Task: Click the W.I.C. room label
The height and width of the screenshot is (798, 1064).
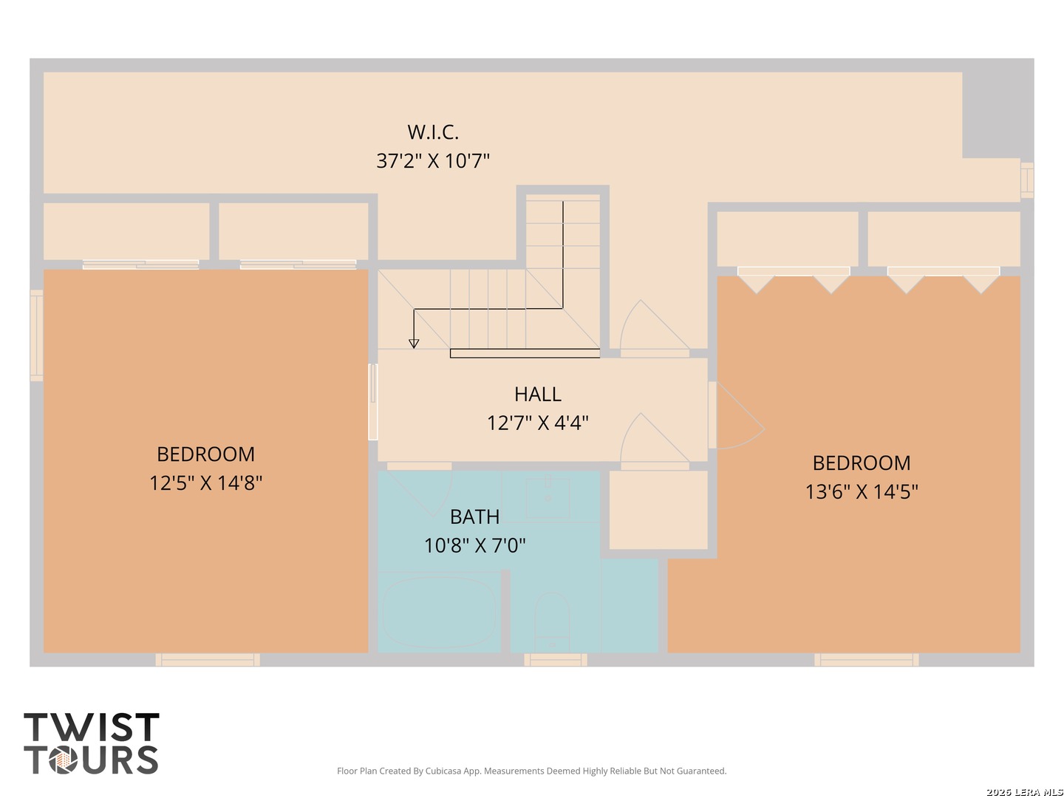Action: (x=433, y=132)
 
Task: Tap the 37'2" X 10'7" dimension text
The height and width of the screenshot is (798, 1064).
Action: (x=433, y=161)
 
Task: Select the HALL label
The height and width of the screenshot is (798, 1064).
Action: (x=538, y=395)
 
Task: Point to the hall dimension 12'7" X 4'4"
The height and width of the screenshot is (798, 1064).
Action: (x=538, y=423)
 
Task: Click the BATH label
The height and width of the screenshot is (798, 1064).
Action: (x=474, y=517)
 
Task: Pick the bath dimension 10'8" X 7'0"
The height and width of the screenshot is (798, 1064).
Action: (x=474, y=546)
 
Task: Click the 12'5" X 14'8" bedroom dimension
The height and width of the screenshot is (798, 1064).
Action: (x=205, y=483)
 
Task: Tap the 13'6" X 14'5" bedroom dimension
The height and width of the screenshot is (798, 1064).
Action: (x=862, y=492)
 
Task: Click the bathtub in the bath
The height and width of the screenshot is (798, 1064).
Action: (x=439, y=612)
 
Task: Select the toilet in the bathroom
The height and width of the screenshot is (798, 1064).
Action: (x=552, y=621)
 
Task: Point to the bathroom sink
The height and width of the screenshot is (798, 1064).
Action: (x=548, y=498)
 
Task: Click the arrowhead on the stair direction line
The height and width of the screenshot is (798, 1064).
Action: (x=414, y=344)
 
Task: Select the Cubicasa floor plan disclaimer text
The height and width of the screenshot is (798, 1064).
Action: (x=532, y=771)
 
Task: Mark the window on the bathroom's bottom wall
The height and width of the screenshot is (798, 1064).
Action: (x=555, y=659)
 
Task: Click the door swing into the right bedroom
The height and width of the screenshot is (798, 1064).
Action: (x=737, y=415)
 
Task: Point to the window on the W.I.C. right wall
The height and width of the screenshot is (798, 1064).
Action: (x=1026, y=180)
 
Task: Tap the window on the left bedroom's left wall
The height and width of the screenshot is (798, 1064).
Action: (x=37, y=335)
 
